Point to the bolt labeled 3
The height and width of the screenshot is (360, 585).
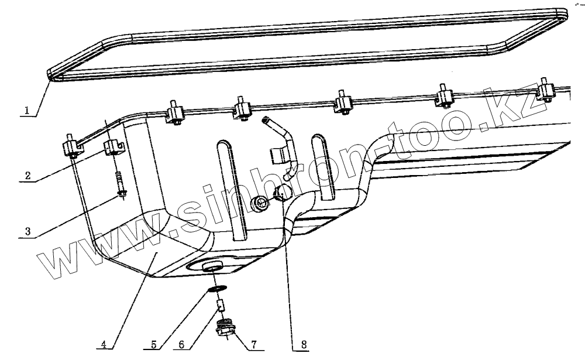pos(121,186)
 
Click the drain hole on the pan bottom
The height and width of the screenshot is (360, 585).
pos(212,268)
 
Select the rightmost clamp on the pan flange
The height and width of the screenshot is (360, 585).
pos(545,91)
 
